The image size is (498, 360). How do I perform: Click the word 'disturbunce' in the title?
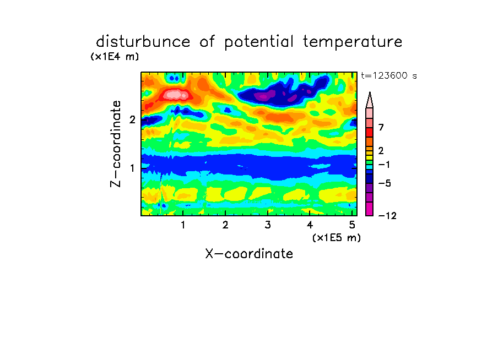[x=143, y=42]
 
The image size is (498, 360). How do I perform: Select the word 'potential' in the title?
[x=259, y=42]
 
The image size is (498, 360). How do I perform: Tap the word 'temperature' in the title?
[x=353, y=42]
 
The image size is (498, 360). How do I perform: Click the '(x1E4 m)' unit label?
[x=115, y=57]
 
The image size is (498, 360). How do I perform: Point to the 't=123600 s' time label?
[x=389, y=76]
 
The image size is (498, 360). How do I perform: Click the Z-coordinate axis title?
[x=116, y=144]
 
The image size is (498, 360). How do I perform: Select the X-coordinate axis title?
[x=249, y=254]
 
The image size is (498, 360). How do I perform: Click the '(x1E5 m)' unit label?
[x=337, y=238]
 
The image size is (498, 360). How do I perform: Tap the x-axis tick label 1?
[x=183, y=225]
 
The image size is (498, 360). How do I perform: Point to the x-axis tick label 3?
[x=268, y=225]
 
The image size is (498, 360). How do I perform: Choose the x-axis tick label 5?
[x=352, y=225]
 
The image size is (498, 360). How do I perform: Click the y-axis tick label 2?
[x=132, y=119]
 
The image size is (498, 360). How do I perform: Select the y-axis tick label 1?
[x=132, y=168]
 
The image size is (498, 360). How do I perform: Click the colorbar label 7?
[x=381, y=128]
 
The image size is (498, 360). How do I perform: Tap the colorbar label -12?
[x=387, y=216]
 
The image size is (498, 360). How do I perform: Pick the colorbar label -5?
[x=385, y=183]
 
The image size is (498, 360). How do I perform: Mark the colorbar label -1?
[x=385, y=165]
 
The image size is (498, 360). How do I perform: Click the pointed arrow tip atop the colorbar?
[x=370, y=92]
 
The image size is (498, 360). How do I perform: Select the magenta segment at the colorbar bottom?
[x=370, y=209]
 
